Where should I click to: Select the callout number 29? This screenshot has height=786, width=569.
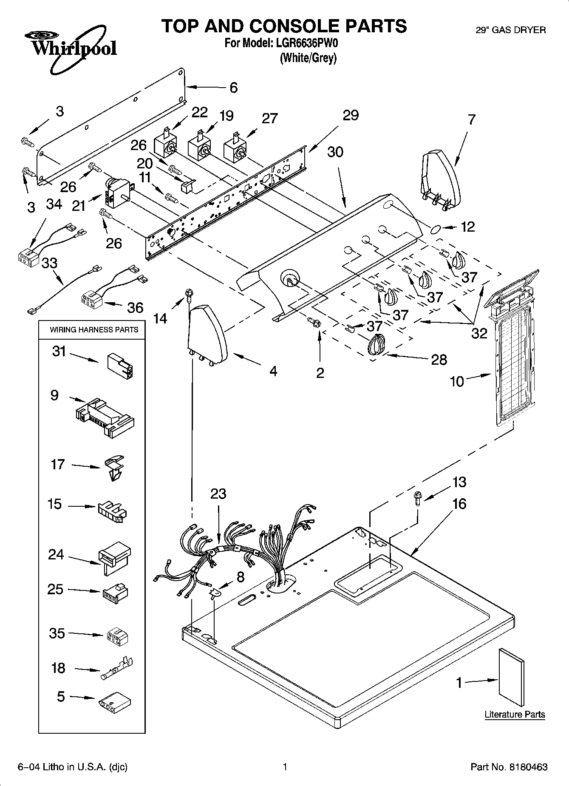[x=351, y=115]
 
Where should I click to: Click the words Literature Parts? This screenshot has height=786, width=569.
[x=515, y=714]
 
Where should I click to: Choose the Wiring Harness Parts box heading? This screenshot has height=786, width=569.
[x=94, y=329]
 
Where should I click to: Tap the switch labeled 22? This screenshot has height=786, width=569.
[x=165, y=144]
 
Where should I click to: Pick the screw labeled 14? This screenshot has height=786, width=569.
[x=187, y=294]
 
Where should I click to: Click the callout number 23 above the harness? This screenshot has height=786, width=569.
[x=218, y=494]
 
